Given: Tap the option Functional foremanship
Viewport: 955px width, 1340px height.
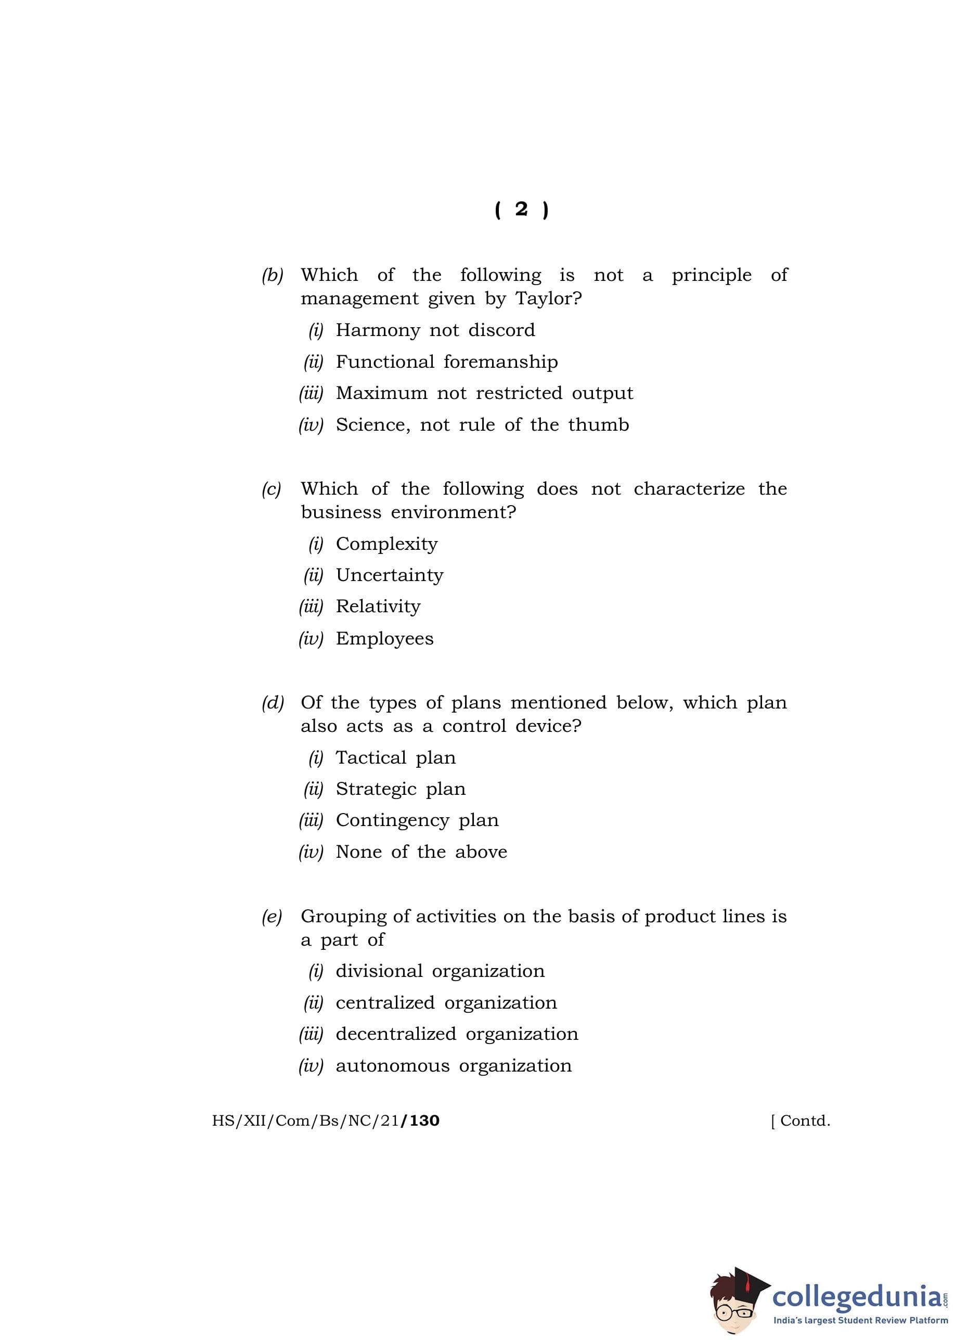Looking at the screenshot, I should click(x=446, y=362).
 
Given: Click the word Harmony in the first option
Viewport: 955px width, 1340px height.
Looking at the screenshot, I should click(x=378, y=330).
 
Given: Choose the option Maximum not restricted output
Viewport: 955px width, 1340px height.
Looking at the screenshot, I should click(x=484, y=393).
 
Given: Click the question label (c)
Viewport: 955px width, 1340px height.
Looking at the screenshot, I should click(x=272, y=488).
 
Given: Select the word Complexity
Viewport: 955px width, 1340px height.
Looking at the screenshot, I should click(x=386, y=544).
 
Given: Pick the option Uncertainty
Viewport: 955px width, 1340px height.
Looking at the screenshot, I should click(x=389, y=575).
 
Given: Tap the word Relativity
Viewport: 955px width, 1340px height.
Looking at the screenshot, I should click(x=378, y=606).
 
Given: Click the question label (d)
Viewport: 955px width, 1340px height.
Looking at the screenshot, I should click(x=272, y=703).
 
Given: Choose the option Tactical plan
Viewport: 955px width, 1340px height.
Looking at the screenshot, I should click(x=395, y=757).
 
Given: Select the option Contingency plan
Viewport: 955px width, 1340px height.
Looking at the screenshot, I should click(x=417, y=820).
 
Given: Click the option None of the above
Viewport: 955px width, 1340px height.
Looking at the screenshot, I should click(x=421, y=852).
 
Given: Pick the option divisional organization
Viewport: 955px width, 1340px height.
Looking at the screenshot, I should click(x=440, y=971).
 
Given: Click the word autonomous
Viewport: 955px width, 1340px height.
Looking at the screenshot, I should click(x=392, y=1065).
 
